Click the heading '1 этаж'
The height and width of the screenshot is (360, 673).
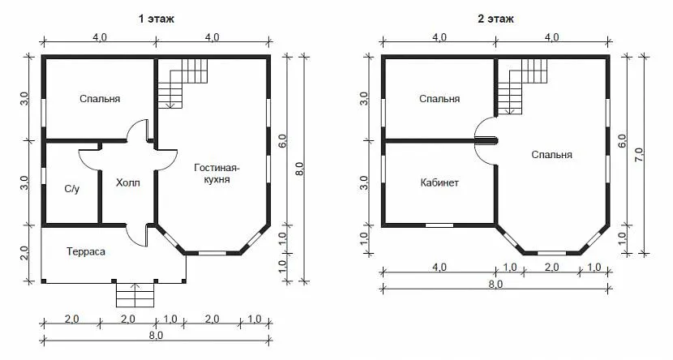156,19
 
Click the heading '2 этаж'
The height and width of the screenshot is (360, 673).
495,19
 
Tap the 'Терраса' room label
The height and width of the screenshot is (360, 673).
86,251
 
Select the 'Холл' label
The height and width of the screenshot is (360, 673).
128,183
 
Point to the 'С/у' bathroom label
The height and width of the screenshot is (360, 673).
71,189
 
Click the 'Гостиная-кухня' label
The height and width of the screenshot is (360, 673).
216,173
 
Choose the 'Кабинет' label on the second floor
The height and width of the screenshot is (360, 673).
439,182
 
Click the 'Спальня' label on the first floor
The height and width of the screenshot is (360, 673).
100,99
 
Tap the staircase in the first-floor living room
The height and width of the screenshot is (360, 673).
182,84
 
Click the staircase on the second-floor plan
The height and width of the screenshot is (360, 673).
523,87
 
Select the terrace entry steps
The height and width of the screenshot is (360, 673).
135,295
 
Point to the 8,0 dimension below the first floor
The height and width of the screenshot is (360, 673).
156,335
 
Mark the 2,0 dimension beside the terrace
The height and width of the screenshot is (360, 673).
24,253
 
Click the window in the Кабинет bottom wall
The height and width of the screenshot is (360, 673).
439,225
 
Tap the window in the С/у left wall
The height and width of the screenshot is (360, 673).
43,176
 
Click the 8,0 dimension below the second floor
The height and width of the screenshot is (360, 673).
495,284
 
